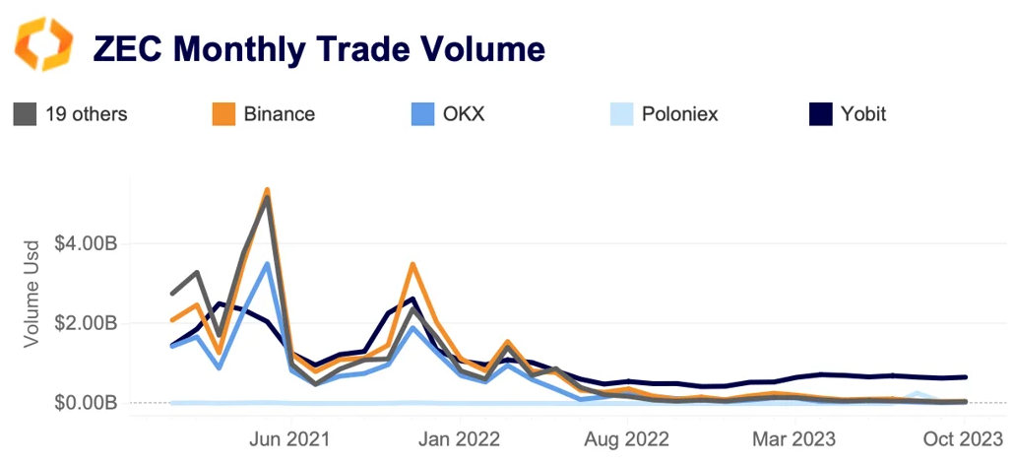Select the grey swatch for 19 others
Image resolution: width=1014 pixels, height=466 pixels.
[25, 114]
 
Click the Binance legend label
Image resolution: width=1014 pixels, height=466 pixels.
[280, 114]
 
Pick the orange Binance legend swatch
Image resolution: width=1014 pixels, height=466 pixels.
[223, 114]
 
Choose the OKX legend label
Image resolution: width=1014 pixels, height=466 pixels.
[463, 114]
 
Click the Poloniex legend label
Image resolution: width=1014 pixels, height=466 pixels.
[679, 114]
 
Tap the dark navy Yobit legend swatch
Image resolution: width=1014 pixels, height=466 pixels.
[819, 114]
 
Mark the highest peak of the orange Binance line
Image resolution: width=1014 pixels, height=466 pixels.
[267, 190]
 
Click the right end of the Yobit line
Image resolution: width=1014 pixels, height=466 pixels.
[965, 376]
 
